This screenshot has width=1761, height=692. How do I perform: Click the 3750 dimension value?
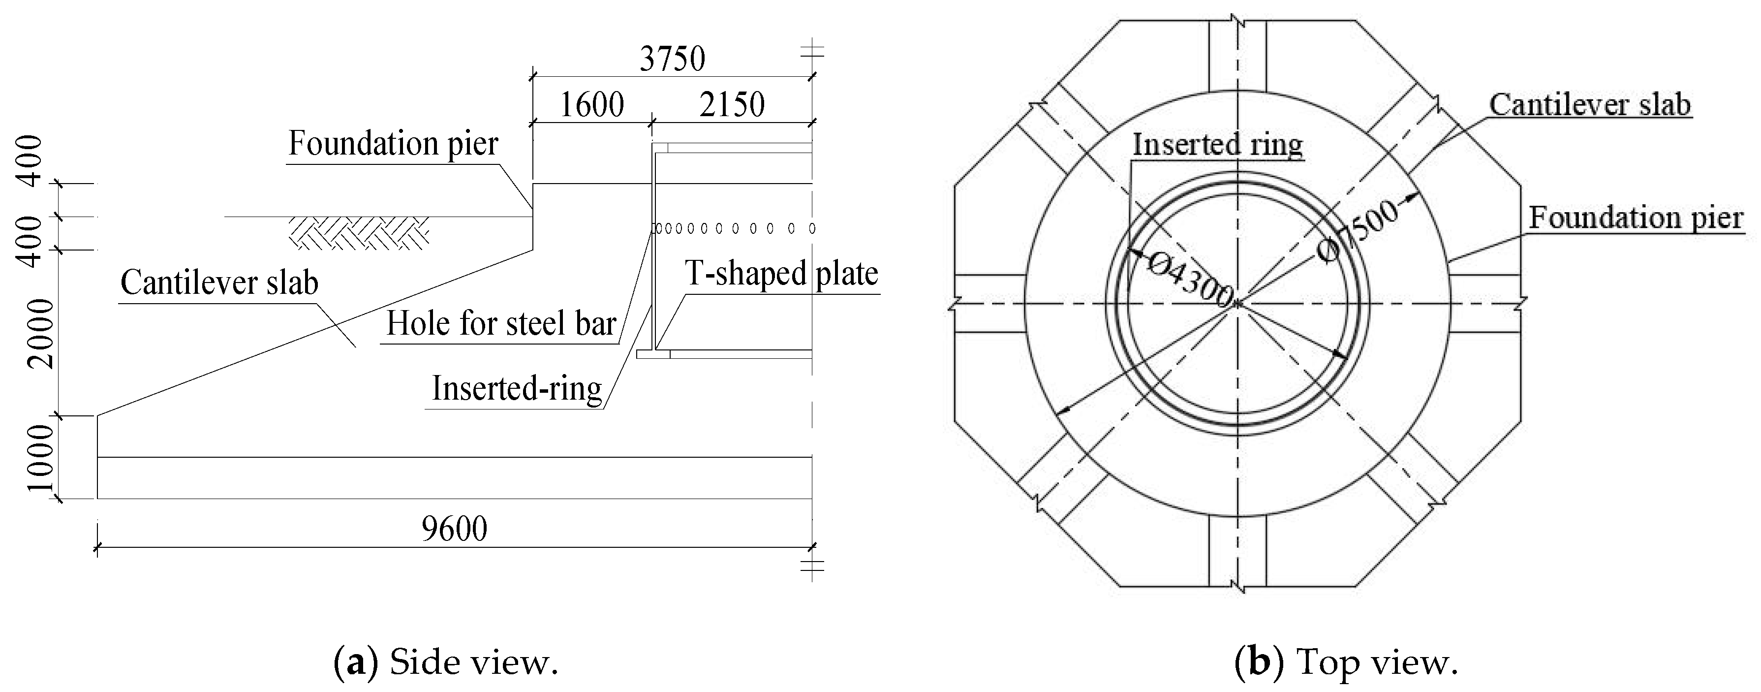[672, 60]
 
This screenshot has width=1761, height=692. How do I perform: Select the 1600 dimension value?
[591, 105]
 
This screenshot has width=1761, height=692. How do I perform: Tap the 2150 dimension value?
[732, 105]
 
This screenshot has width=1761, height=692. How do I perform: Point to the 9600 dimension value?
[455, 529]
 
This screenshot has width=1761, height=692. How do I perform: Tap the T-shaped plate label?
[781, 274]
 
